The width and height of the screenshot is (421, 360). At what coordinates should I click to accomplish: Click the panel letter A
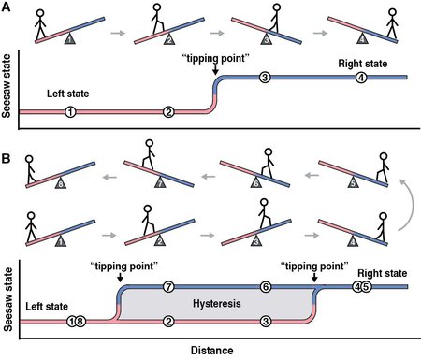[x=7, y=7]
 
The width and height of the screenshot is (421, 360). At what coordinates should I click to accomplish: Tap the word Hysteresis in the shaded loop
[x=216, y=305]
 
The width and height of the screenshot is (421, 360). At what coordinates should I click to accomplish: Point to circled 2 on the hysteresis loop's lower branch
[x=168, y=322]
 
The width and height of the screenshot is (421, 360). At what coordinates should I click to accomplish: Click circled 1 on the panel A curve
[x=70, y=111]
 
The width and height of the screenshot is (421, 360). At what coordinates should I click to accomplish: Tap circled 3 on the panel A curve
[x=265, y=77]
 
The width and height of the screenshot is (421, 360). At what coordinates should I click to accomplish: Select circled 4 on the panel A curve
[x=361, y=77]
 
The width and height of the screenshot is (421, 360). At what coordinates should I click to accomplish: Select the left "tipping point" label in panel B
[x=120, y=264]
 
